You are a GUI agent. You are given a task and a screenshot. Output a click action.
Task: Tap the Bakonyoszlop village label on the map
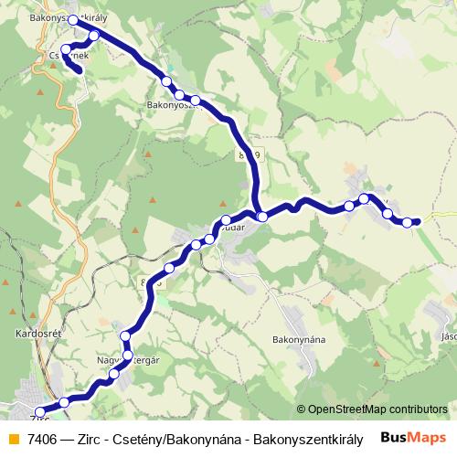[x=174, y=105]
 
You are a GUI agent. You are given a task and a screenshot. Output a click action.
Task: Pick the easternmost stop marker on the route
[x=408, y=222]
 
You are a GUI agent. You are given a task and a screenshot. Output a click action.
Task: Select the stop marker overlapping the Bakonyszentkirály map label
[x=74, y=18]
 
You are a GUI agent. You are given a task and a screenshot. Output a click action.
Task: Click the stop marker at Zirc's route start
[x=39, y=412]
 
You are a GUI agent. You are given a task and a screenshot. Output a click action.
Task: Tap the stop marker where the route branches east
[x=262, y=217]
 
